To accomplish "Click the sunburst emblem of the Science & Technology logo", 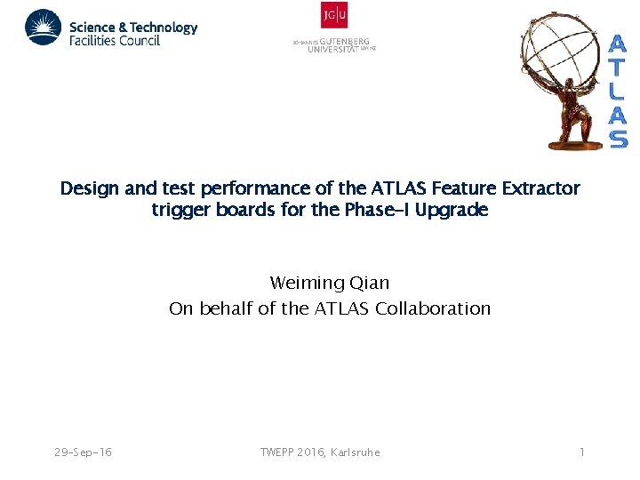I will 43,28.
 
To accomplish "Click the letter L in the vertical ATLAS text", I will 618,91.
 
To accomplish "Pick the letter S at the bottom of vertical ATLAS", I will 618,139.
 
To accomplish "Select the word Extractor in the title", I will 542,188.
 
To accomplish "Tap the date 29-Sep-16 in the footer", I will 83,452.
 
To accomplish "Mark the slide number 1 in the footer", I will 581,452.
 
